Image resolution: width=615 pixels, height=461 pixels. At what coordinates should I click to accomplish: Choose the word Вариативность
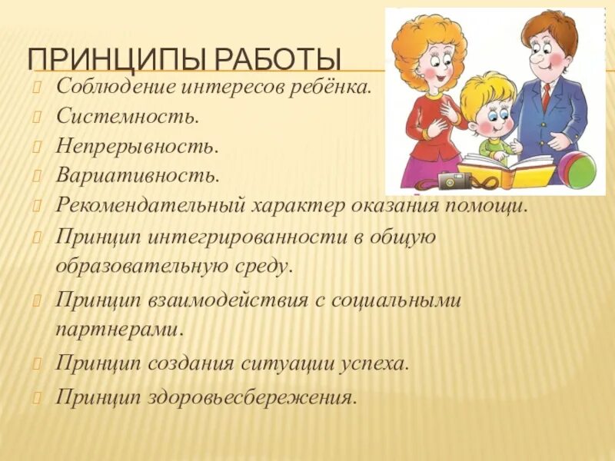137,175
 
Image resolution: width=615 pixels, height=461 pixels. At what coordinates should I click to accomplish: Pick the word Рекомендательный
151,206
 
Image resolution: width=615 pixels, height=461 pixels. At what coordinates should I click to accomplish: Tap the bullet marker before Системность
36,116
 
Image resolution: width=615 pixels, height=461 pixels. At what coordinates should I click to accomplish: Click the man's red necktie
546,96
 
